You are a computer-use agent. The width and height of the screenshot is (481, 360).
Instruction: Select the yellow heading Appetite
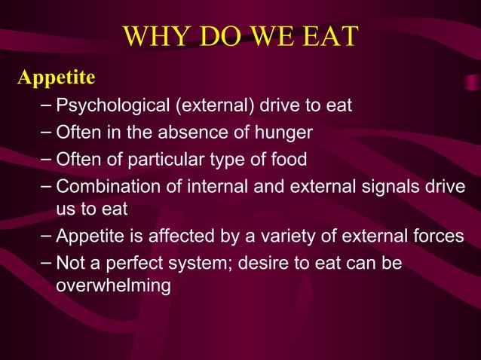(x=57, y=78)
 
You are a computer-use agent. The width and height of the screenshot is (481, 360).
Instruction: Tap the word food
(x=291, y=160)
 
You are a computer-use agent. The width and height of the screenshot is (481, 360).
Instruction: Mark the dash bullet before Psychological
(x=47, y=105)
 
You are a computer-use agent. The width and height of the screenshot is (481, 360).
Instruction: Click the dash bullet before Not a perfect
(x=47, y=263)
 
